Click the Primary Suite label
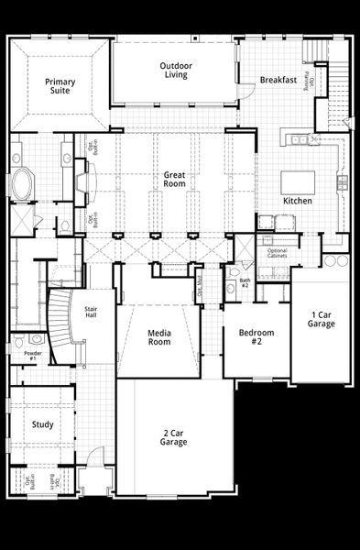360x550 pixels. click(x=60, y=86)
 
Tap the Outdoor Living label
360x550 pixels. click(x=175, y=71)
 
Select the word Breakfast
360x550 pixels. click(x=278, y=80)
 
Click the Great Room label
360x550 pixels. click(x=175, y=179)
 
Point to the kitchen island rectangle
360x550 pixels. click(x=297, y=181)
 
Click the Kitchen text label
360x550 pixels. click(x=297, y=201)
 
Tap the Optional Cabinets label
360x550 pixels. click(x=277, y=254)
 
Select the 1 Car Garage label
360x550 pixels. click(x=321, y=319)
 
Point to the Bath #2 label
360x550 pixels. click(x=244, y=283)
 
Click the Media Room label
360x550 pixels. click(x=159, y=336)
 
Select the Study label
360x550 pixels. click(x=42, y=425)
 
